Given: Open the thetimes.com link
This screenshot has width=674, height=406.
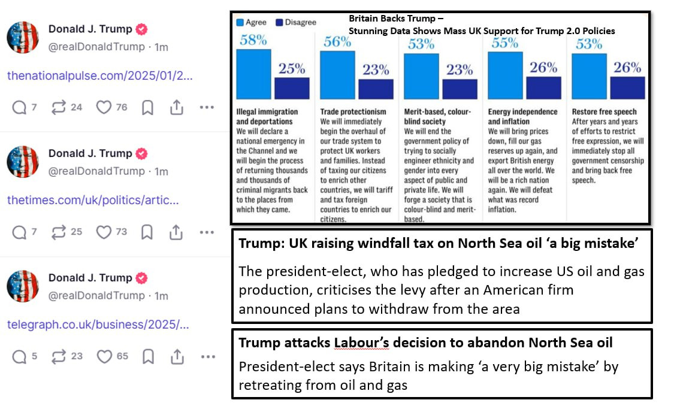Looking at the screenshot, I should coord(93,200).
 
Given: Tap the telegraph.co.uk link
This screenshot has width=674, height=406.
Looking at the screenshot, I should coord(98,325).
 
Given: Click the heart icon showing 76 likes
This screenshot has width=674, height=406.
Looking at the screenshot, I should coord(104,107).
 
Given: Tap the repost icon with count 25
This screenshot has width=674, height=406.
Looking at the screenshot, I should coord(59,232).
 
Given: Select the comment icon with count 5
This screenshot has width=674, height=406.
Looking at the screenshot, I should coord(19,356).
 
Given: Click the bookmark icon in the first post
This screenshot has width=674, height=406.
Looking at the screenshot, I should coord(147,107).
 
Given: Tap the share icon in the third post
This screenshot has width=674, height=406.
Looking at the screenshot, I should coord(177,356).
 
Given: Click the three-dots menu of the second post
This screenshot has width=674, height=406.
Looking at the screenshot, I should coord(207,232).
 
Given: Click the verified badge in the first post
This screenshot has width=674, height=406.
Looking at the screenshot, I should coord(141,29).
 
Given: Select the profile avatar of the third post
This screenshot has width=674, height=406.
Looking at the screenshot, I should coord(23,286).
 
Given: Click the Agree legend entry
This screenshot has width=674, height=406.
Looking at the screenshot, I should coord(252,22).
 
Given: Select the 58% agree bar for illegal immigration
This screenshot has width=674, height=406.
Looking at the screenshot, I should coord(253,74).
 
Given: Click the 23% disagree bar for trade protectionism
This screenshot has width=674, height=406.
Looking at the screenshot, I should coord(376,88).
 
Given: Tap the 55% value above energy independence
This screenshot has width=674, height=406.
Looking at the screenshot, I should coord(504,43).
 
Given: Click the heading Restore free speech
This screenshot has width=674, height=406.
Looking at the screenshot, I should coord(604,112).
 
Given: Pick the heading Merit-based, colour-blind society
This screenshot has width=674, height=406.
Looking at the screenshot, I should coord(437,116).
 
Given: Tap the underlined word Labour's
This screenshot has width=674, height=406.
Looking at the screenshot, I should coord(358,343).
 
